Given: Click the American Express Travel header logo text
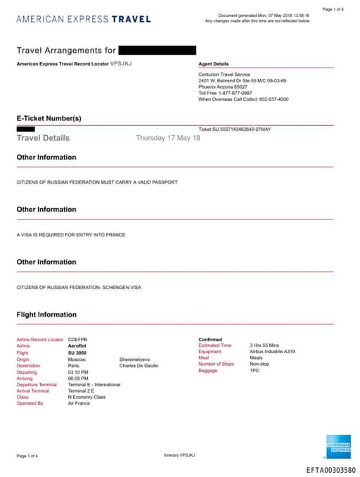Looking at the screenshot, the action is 83,19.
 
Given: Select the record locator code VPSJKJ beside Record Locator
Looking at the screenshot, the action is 121,63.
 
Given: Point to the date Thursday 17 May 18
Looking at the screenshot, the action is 168,138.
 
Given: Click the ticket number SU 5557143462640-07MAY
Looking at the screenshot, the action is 234,129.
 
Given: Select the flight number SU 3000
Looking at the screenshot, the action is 78,352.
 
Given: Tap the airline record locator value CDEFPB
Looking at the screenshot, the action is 77,339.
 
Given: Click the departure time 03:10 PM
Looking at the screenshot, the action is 79,372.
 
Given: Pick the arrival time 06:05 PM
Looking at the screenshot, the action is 79,379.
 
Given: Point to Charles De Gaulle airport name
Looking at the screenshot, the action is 139,365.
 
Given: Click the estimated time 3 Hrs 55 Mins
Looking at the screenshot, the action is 264,345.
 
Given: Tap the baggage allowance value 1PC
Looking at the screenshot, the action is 255,370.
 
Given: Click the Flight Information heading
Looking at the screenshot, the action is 46,314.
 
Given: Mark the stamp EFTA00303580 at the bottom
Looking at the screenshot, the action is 330,469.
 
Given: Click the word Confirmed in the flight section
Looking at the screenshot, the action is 210,339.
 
